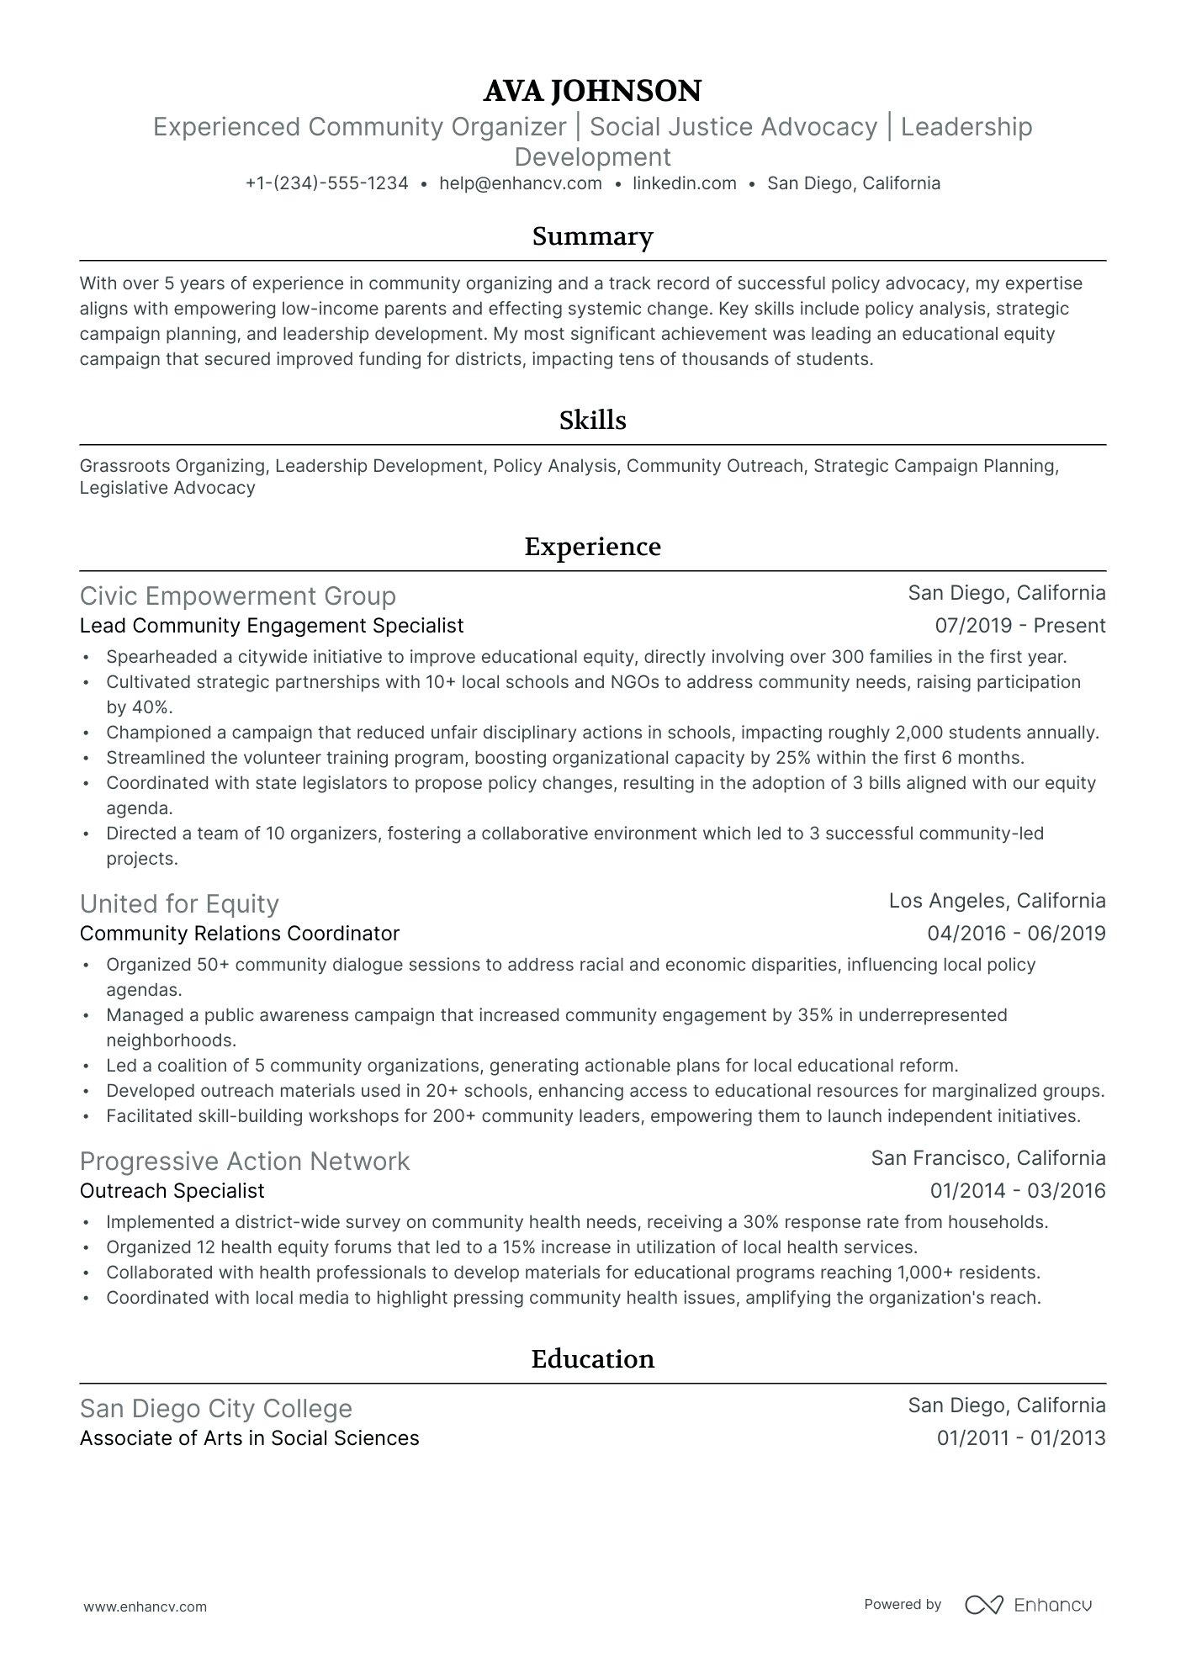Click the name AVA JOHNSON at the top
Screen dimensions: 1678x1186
click(x=592, y=91)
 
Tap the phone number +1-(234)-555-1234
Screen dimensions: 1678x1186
click(x=326, y=183)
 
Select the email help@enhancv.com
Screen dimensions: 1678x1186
click(x=521, y=183)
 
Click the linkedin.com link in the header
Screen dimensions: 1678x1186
click(x=684, y=183)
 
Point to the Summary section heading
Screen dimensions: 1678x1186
click(x=592, y=236)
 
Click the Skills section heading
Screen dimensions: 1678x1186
click(x=592, y=421)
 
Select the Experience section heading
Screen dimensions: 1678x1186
click(x=592, y=547)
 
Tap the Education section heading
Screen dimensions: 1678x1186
click(x=592, y=1359)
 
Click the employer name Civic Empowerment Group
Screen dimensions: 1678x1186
click(x=237, y=596)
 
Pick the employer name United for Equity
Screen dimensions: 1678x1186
click(x=179, y=903)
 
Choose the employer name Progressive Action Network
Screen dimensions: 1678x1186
click(x=244, y=1161)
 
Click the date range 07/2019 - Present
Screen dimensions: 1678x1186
click(x=1019, y=626)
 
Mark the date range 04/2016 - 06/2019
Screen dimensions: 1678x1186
click(x=1016, y=934)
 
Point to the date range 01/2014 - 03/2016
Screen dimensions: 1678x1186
click(x=1017, y=1191)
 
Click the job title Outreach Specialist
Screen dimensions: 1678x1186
click(x=172, y=1191)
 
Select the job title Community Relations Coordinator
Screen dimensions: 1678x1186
click(x=239, y=934)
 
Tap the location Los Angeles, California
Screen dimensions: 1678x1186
click(x=997, y=901)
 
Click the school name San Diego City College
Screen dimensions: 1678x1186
click(x=215, y=1408)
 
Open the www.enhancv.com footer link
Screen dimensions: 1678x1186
click(x=145, y=1607)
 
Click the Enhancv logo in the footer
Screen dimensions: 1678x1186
click(x=1028, y=1605)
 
